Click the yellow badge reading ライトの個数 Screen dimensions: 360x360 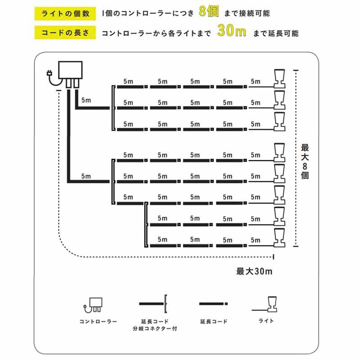click(x=65, y=13)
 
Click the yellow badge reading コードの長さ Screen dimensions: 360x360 click(x=65, y=33)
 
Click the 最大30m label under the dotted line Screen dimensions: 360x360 click(x=254, y=271)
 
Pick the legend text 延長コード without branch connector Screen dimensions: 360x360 click(x=214, y=322)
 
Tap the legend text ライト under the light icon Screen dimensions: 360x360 click(x=266, y=321)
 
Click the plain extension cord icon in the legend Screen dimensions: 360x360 click(x=213, y=304)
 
